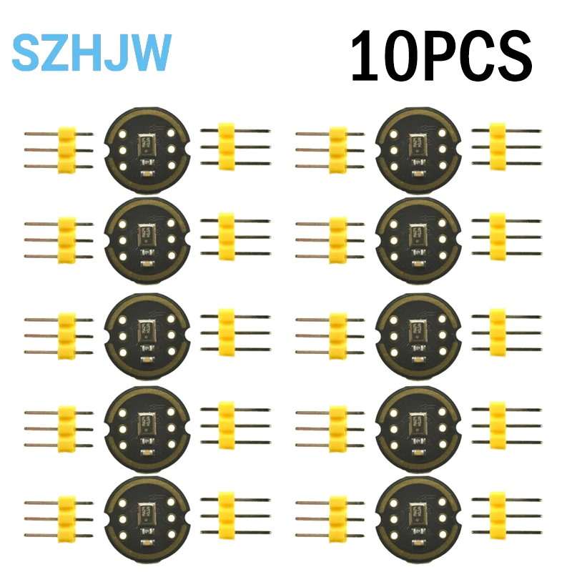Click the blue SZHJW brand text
(92, 52)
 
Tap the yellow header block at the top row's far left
(66, 149)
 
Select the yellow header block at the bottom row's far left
(66, 513)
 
